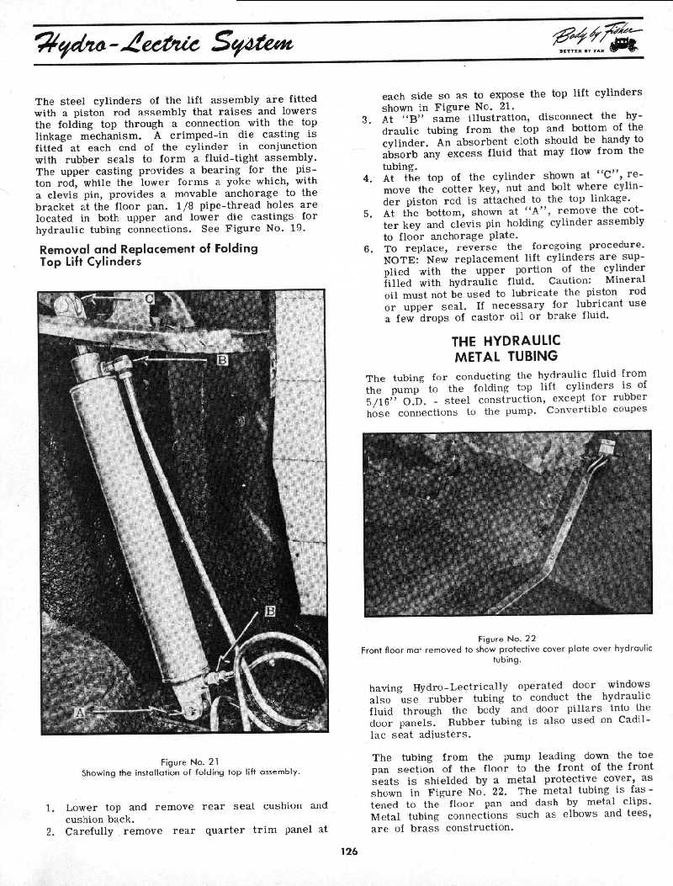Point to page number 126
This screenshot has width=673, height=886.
tap(350, 851)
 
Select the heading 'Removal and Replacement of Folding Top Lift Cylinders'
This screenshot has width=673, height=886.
tap(148, 254)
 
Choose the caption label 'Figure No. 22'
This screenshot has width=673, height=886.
tap(506, 637)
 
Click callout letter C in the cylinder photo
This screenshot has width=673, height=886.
tap(148, 299)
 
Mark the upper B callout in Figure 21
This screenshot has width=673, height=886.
tap(222, 361)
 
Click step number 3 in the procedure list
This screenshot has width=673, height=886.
tap(368, 119)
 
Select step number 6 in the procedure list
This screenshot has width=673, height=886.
tap(368, 249)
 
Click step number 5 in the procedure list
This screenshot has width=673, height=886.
tap(368, 213)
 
